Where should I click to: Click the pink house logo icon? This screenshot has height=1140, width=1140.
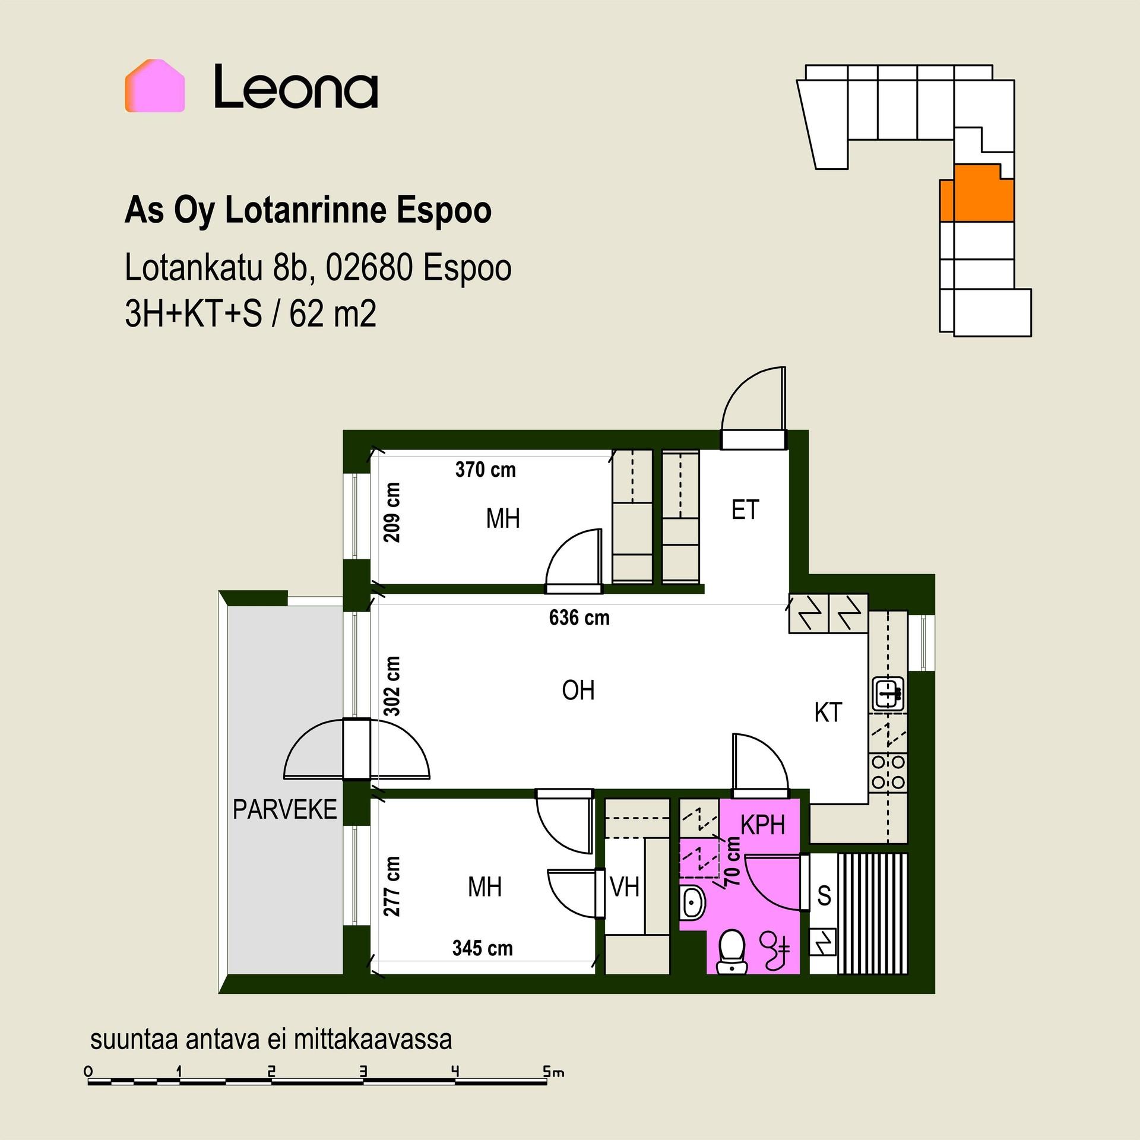pos(155,85)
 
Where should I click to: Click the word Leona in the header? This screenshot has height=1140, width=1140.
pos(296,87)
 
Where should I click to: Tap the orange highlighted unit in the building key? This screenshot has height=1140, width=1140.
pos(977,192)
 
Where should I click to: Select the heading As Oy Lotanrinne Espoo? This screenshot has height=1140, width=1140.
pos(308,211)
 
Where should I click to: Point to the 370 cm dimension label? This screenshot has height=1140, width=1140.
pos(486,470)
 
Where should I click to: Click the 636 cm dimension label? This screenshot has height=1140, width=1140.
pos(579,618)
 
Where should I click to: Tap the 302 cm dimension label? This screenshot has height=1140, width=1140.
pos(392,686)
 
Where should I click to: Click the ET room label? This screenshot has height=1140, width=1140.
pos(745,510)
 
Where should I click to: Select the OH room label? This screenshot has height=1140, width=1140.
pos(578,690)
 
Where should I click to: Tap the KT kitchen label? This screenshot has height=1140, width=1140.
pos(828,712)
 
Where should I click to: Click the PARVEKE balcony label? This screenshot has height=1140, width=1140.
pos(284,809)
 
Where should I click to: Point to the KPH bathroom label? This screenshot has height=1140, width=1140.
pos(763,825)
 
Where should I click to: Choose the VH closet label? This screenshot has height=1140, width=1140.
pos(625,887)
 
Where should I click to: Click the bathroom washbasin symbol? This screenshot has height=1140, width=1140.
pos(692,904)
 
